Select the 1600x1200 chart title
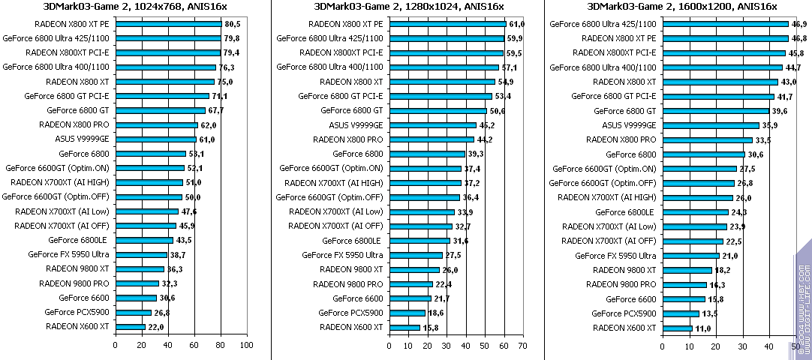pyautogui.click(x=681, y=7)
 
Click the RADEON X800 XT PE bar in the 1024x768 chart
pyautogui.click(x=168, y=24)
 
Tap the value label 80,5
pyautogui.click(x=233, y=24)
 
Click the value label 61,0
pyautogui.click(x=516, y=24)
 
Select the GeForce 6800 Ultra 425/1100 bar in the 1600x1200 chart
pyautogui.click(x=725, y=24)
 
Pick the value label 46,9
pyautogui.click(x=799, y=24)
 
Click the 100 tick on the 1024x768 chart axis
pyautogui.click(x=246, y=345)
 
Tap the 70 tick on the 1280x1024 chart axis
pyautogui.click(x=523, y=345)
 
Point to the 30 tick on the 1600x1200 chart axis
pyautogui.click(x=742, y=345)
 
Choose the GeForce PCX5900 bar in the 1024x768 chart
pyautogui.click(x=133, y=313)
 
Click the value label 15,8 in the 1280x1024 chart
pyautogui.click(x=431, y=327)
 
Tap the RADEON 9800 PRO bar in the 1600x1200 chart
pyautogui.click(x=684, y=284)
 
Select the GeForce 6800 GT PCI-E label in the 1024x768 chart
pyautogui.click(x=67, y=96)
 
